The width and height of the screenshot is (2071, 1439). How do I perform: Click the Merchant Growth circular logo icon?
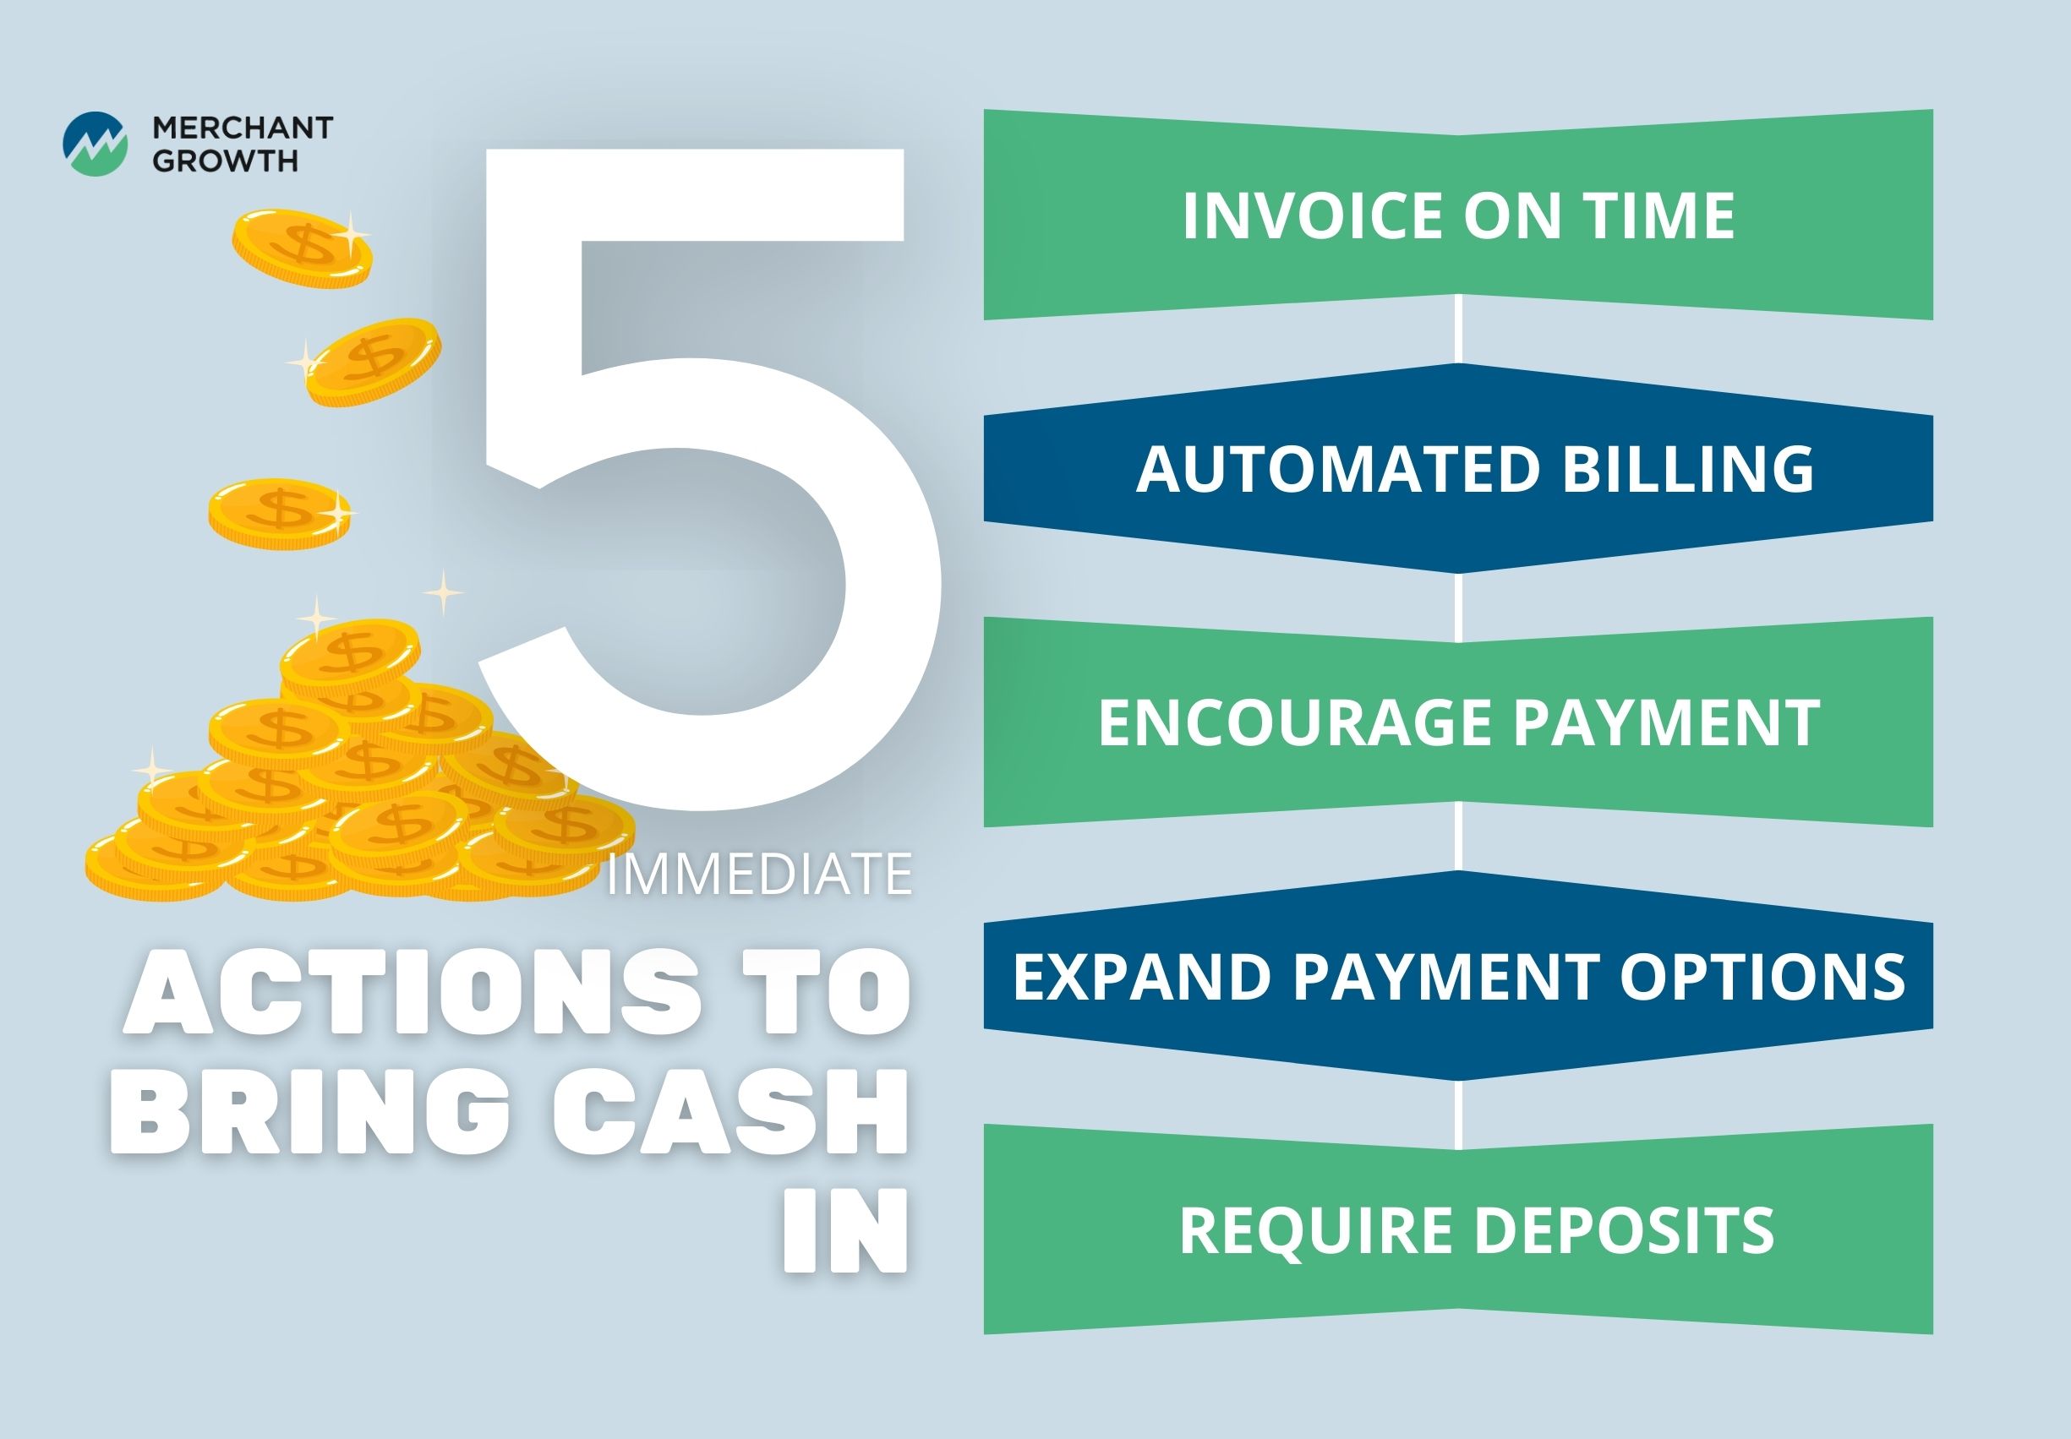tap(95, 144)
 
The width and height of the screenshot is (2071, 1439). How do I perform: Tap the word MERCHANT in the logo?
tap(243, 128)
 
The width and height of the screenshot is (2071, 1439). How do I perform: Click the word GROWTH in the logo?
tap(225, 161)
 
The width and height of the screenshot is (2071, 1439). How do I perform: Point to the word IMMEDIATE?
tap(759, 874)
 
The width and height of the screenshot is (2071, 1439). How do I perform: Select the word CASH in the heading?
tap(729, 1111)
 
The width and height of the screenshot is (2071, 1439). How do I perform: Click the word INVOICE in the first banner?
tap(1314, 215)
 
